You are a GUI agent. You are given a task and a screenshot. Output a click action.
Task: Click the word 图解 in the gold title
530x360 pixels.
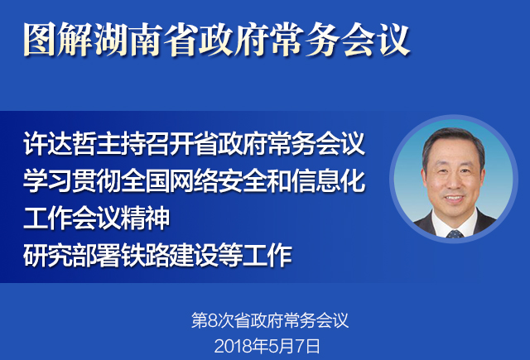click(57, 40)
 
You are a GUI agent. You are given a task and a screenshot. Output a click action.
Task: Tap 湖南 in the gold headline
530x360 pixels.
click(128, 40)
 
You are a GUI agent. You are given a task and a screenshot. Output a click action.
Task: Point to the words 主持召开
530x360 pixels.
click(145, 143)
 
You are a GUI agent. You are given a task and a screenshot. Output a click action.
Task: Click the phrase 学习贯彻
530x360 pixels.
click(71, 180)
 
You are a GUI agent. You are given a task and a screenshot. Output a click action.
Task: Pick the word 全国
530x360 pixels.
click(145, 180)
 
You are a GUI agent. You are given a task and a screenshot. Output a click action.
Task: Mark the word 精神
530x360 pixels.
click(145, 218)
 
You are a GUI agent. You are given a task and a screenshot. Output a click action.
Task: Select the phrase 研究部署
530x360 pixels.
click(71, 255)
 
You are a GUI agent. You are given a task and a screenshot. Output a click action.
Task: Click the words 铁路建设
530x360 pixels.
click(169, 255)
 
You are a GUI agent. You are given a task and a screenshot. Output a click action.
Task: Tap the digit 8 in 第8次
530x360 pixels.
click(213, 321)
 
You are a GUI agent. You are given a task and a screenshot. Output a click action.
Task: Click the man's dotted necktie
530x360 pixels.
click(455, 233)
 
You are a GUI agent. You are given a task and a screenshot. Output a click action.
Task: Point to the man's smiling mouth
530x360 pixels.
click(453, 199)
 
